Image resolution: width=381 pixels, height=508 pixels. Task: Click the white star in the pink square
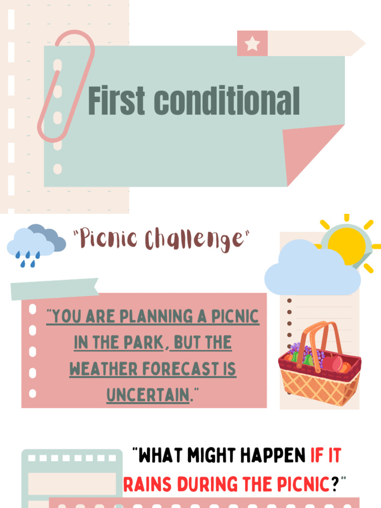pos(252,44)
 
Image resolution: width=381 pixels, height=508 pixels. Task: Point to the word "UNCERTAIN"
pos(148,395)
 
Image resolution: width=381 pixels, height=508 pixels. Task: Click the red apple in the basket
pos(333,364)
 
